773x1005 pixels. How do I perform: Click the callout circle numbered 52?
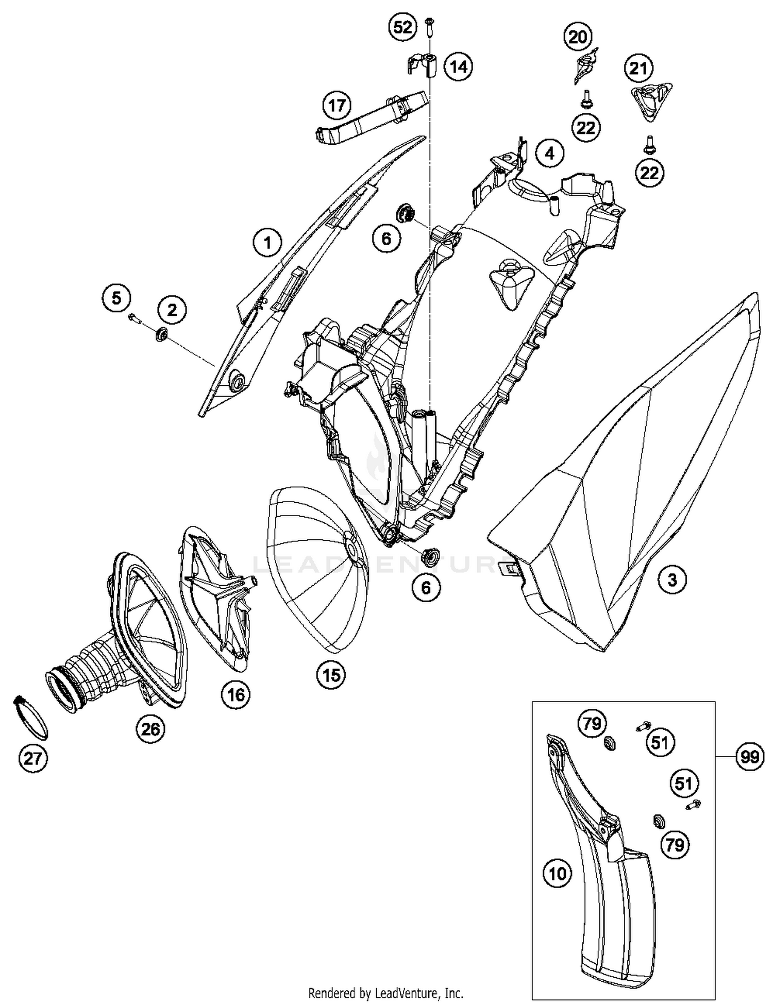point(402,27)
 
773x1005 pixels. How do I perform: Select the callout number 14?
point(458,66)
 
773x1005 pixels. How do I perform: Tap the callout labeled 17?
point(337,106)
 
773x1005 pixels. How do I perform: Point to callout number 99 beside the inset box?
point(749,757)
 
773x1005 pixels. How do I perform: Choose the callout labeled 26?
point(150,729)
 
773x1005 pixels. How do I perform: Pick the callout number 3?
point(672,580)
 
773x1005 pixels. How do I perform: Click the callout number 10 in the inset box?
point(558,874)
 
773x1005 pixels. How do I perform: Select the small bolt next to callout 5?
point(136,318)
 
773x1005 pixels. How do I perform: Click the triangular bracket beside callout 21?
point(651,100)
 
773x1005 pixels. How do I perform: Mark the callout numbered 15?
point(331,674)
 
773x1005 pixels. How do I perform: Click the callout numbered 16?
point(236,695)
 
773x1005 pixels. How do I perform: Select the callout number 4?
point(549,153)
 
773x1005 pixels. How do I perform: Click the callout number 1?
point(267,242)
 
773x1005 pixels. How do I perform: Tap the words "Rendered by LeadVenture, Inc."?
point(385,992)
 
